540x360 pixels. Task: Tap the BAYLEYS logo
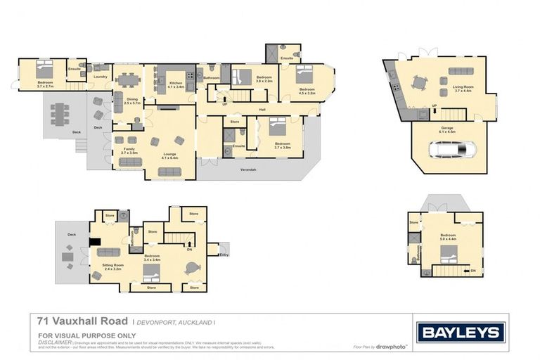(461, 332)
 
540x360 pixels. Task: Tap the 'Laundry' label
(101, 77)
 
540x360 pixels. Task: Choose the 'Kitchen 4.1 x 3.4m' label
(176, 84)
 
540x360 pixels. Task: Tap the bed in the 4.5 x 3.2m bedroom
(304, 74)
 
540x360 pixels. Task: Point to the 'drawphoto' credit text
(390, 347)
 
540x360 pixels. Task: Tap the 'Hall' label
(262, 110)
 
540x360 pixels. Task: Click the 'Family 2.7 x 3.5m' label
(129, 150)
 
